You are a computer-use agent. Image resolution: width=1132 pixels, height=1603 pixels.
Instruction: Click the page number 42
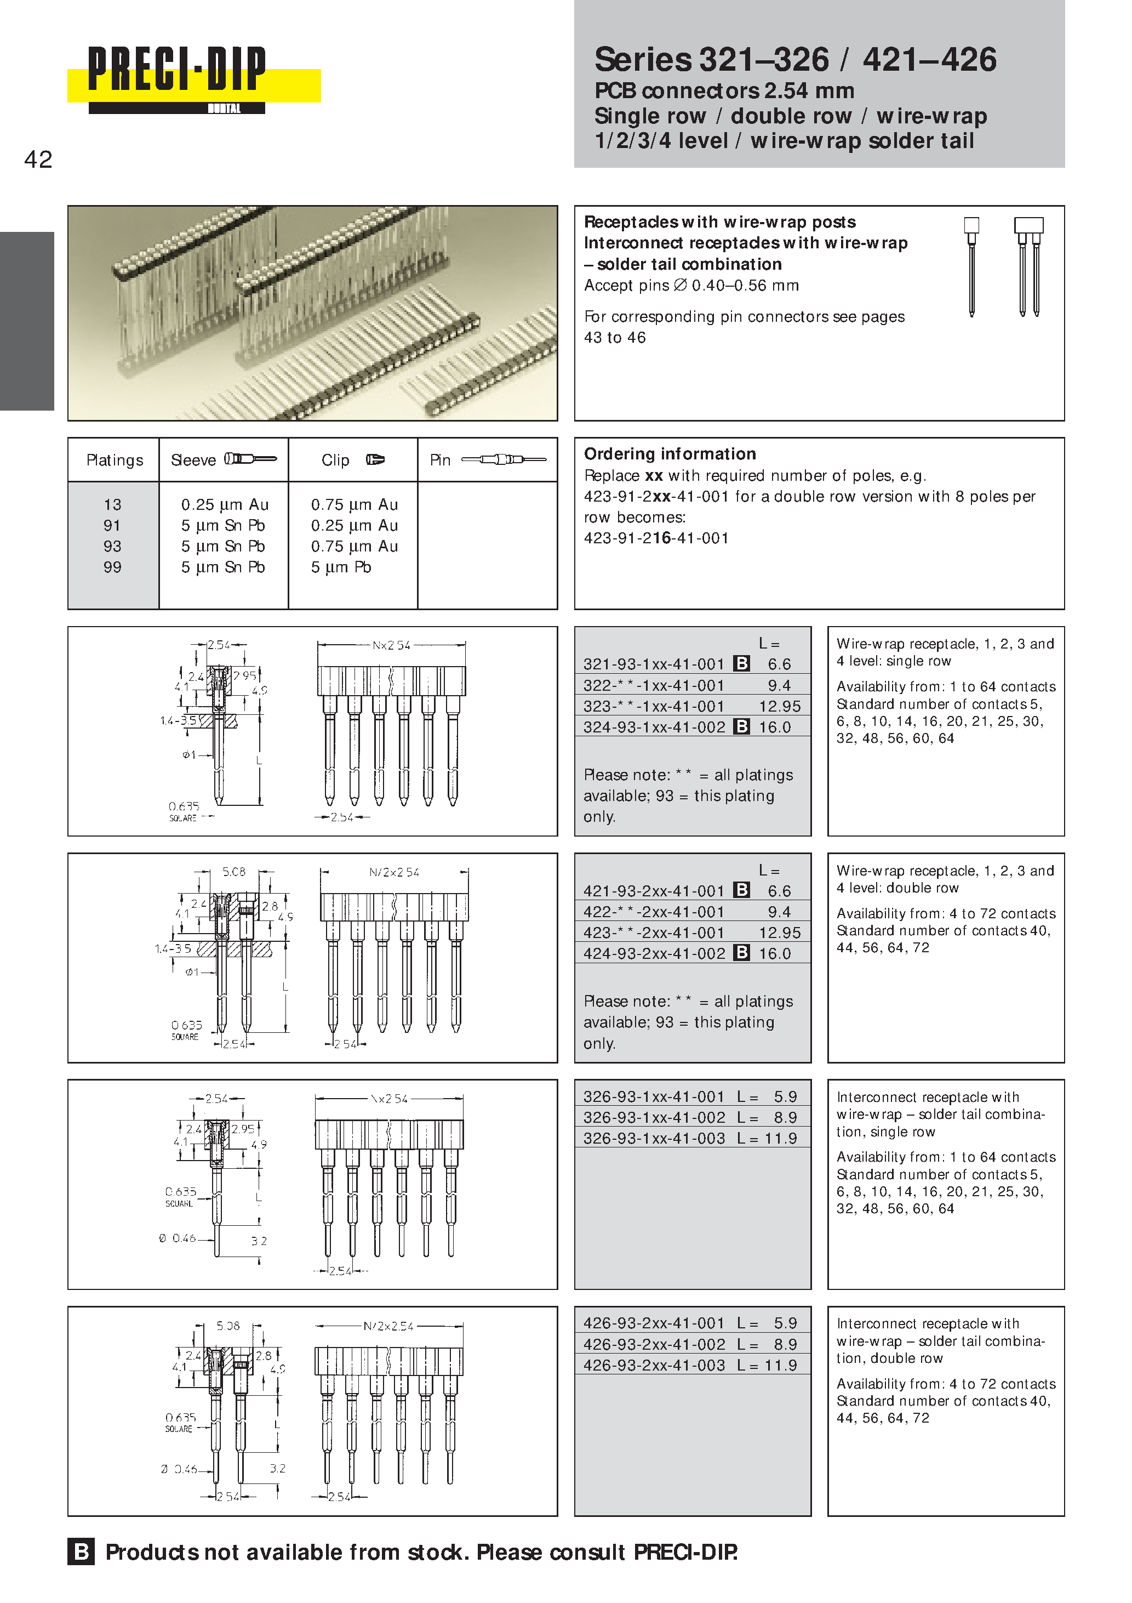pos(38,160)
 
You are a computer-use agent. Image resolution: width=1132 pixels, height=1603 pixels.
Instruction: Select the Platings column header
pos(115,460)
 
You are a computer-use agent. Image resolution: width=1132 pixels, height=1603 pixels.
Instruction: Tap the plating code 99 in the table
pos(112,567)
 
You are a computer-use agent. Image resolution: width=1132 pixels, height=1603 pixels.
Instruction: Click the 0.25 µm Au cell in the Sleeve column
pos(225,504)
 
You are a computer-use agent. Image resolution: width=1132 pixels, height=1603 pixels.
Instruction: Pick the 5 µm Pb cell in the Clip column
pos(341,567)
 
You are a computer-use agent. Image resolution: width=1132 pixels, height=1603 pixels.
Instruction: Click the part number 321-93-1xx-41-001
pos(654,664)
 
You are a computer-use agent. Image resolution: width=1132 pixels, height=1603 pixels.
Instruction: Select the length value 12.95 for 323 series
pos(780,706)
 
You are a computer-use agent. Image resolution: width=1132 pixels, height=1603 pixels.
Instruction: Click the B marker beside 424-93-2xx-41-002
pos(742,952)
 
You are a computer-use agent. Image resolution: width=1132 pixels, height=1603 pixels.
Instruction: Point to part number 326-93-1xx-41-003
pos(654,1138)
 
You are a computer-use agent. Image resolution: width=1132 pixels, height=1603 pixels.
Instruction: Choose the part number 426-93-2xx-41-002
pos(654,1344)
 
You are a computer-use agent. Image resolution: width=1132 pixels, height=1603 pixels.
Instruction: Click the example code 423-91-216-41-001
pos(656,538)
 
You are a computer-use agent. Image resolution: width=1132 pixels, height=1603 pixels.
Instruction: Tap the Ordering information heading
pos(670,454)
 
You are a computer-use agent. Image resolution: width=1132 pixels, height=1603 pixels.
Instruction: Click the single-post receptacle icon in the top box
pos(971,265)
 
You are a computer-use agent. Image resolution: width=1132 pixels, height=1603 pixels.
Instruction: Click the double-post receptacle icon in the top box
pos(1028,265)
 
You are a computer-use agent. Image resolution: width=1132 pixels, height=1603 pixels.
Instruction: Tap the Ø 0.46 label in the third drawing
pos(178,1238)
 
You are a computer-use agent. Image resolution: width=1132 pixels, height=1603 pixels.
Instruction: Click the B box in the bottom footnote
pos(81,1551)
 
